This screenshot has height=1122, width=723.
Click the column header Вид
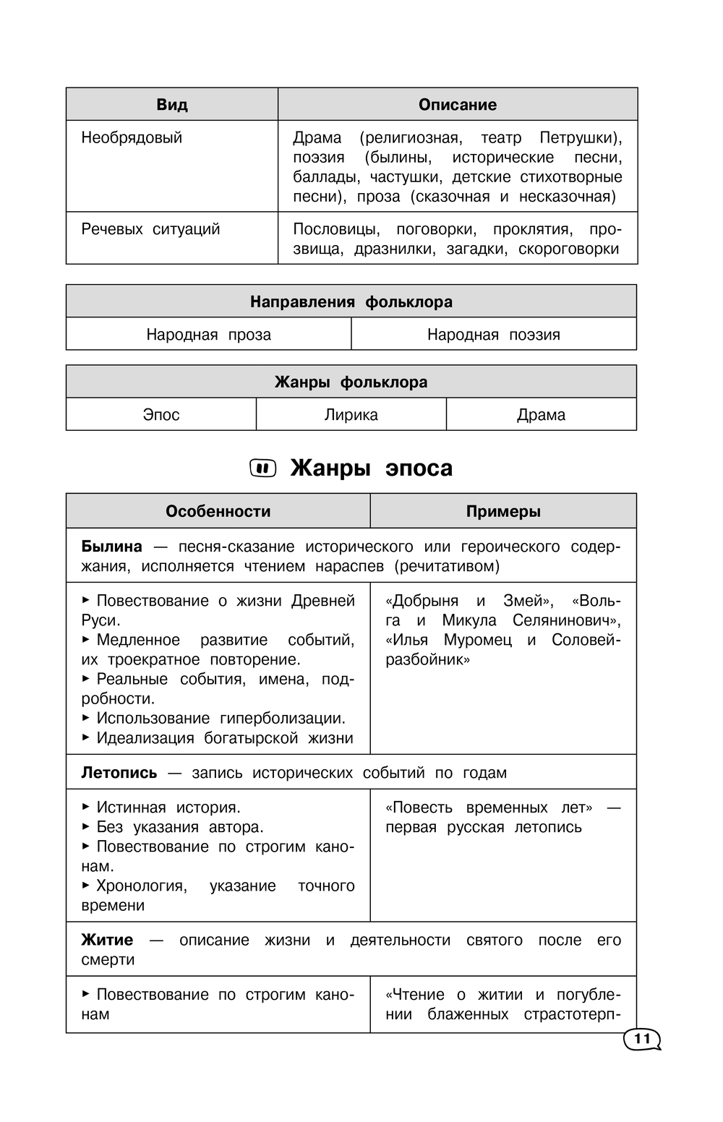pyautogui.click(x=172, y=105)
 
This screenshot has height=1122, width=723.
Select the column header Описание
pyautogui.click(x=458, y=105)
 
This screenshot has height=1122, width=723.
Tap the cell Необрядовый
pyautogui.click(x=132, y=137)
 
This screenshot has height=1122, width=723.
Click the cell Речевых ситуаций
pyautogui.click(x=150, y=229)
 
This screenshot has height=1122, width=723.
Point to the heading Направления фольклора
pyautogui.click(x=351, y=301)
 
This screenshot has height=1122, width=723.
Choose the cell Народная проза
pyautogui.click(x=208, y=334)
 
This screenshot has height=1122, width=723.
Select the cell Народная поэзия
pyautogui.click(x=494, y=334)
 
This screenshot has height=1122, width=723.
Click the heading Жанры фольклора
pyautogui.click(x=351, y=382)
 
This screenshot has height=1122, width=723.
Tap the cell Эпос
pyautogui.click(x=161, y=415)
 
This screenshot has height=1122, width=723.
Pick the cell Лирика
pyautogui.click(x=351, y=415)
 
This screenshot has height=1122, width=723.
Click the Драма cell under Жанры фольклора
pyautogui.click(x=542, y=415)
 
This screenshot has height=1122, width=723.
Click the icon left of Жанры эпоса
pyautogui.click(x=263, y=468)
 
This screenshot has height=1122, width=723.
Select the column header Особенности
pyautogui.click(x=218, y=511)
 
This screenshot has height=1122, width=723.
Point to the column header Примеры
pyautogui.click(x=503, y=511)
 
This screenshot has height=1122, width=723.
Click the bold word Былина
pyautogui.click(x=111, y=547)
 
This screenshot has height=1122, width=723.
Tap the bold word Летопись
pyautogui.click(x=119, y=773)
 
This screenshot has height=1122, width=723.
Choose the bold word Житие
pyautogui.click(x=107, y=940)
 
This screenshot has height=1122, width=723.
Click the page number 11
pyautogui.click(x=641, y=1040)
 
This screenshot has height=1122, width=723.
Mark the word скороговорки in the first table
pyautogui.click(x=569, y=249)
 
